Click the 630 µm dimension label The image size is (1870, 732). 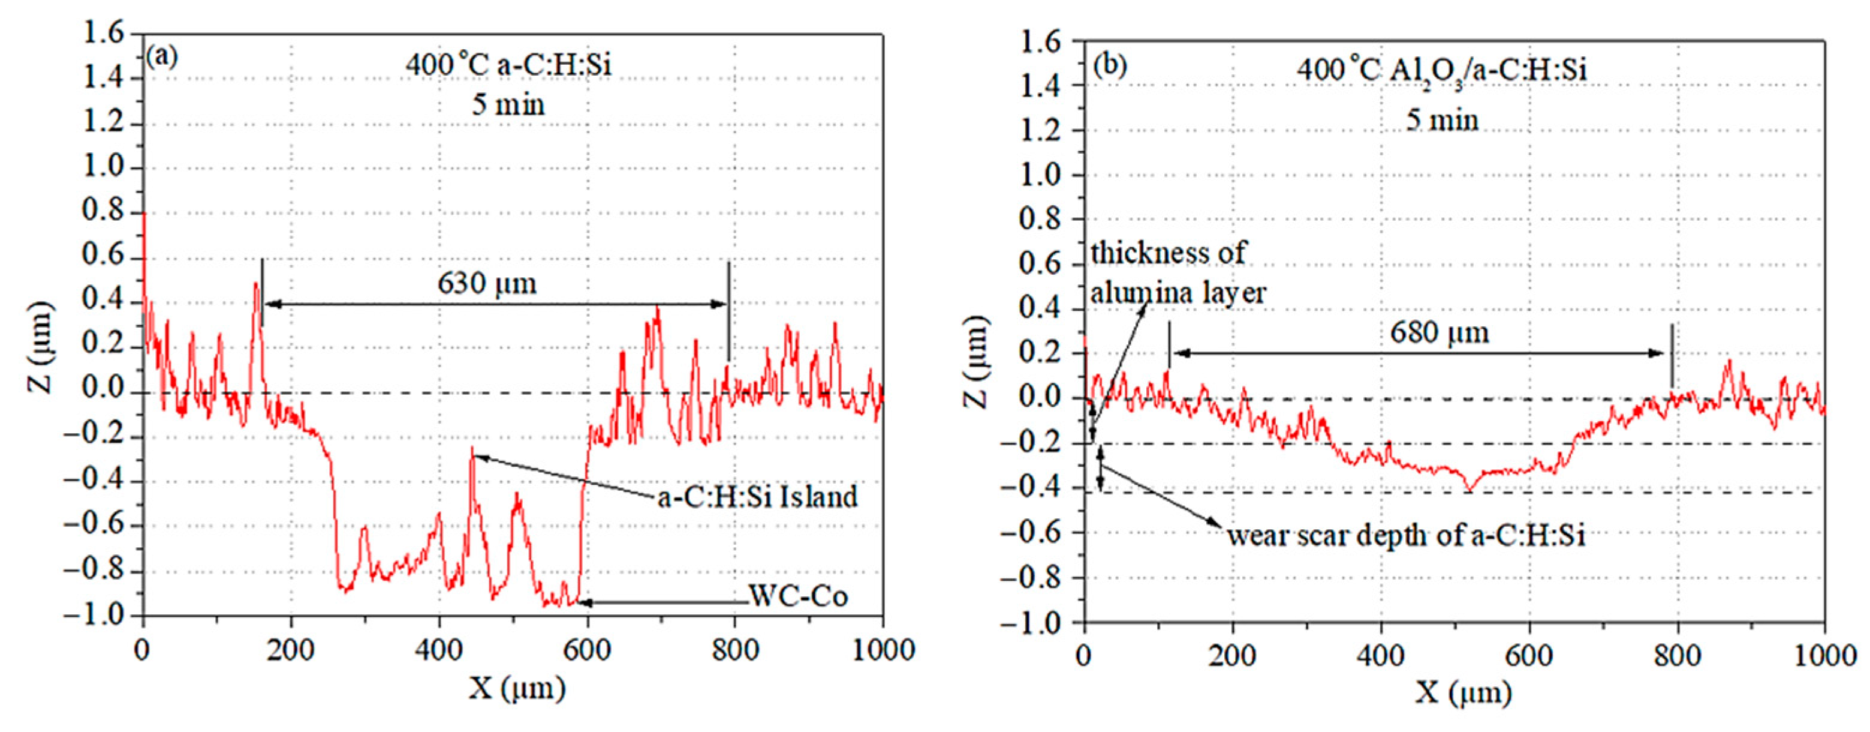tap(487, 283)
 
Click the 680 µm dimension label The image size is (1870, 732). tap(1440, 332)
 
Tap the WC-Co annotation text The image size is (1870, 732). tap(798, 597)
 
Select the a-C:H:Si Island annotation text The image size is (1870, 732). tap(758, 497)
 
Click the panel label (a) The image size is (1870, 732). tap(161, 56)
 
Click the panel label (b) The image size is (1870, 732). tap(1110, 65)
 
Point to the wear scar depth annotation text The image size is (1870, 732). tap(1406, 536)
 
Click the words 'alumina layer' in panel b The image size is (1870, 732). tap(1178, 293)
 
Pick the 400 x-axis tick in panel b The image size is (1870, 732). tap(1380, 656)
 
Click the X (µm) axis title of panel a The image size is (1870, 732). tap(516, 687)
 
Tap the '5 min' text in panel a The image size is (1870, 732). tap(508, 104)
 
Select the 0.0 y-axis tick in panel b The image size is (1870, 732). tap(1041, 398)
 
